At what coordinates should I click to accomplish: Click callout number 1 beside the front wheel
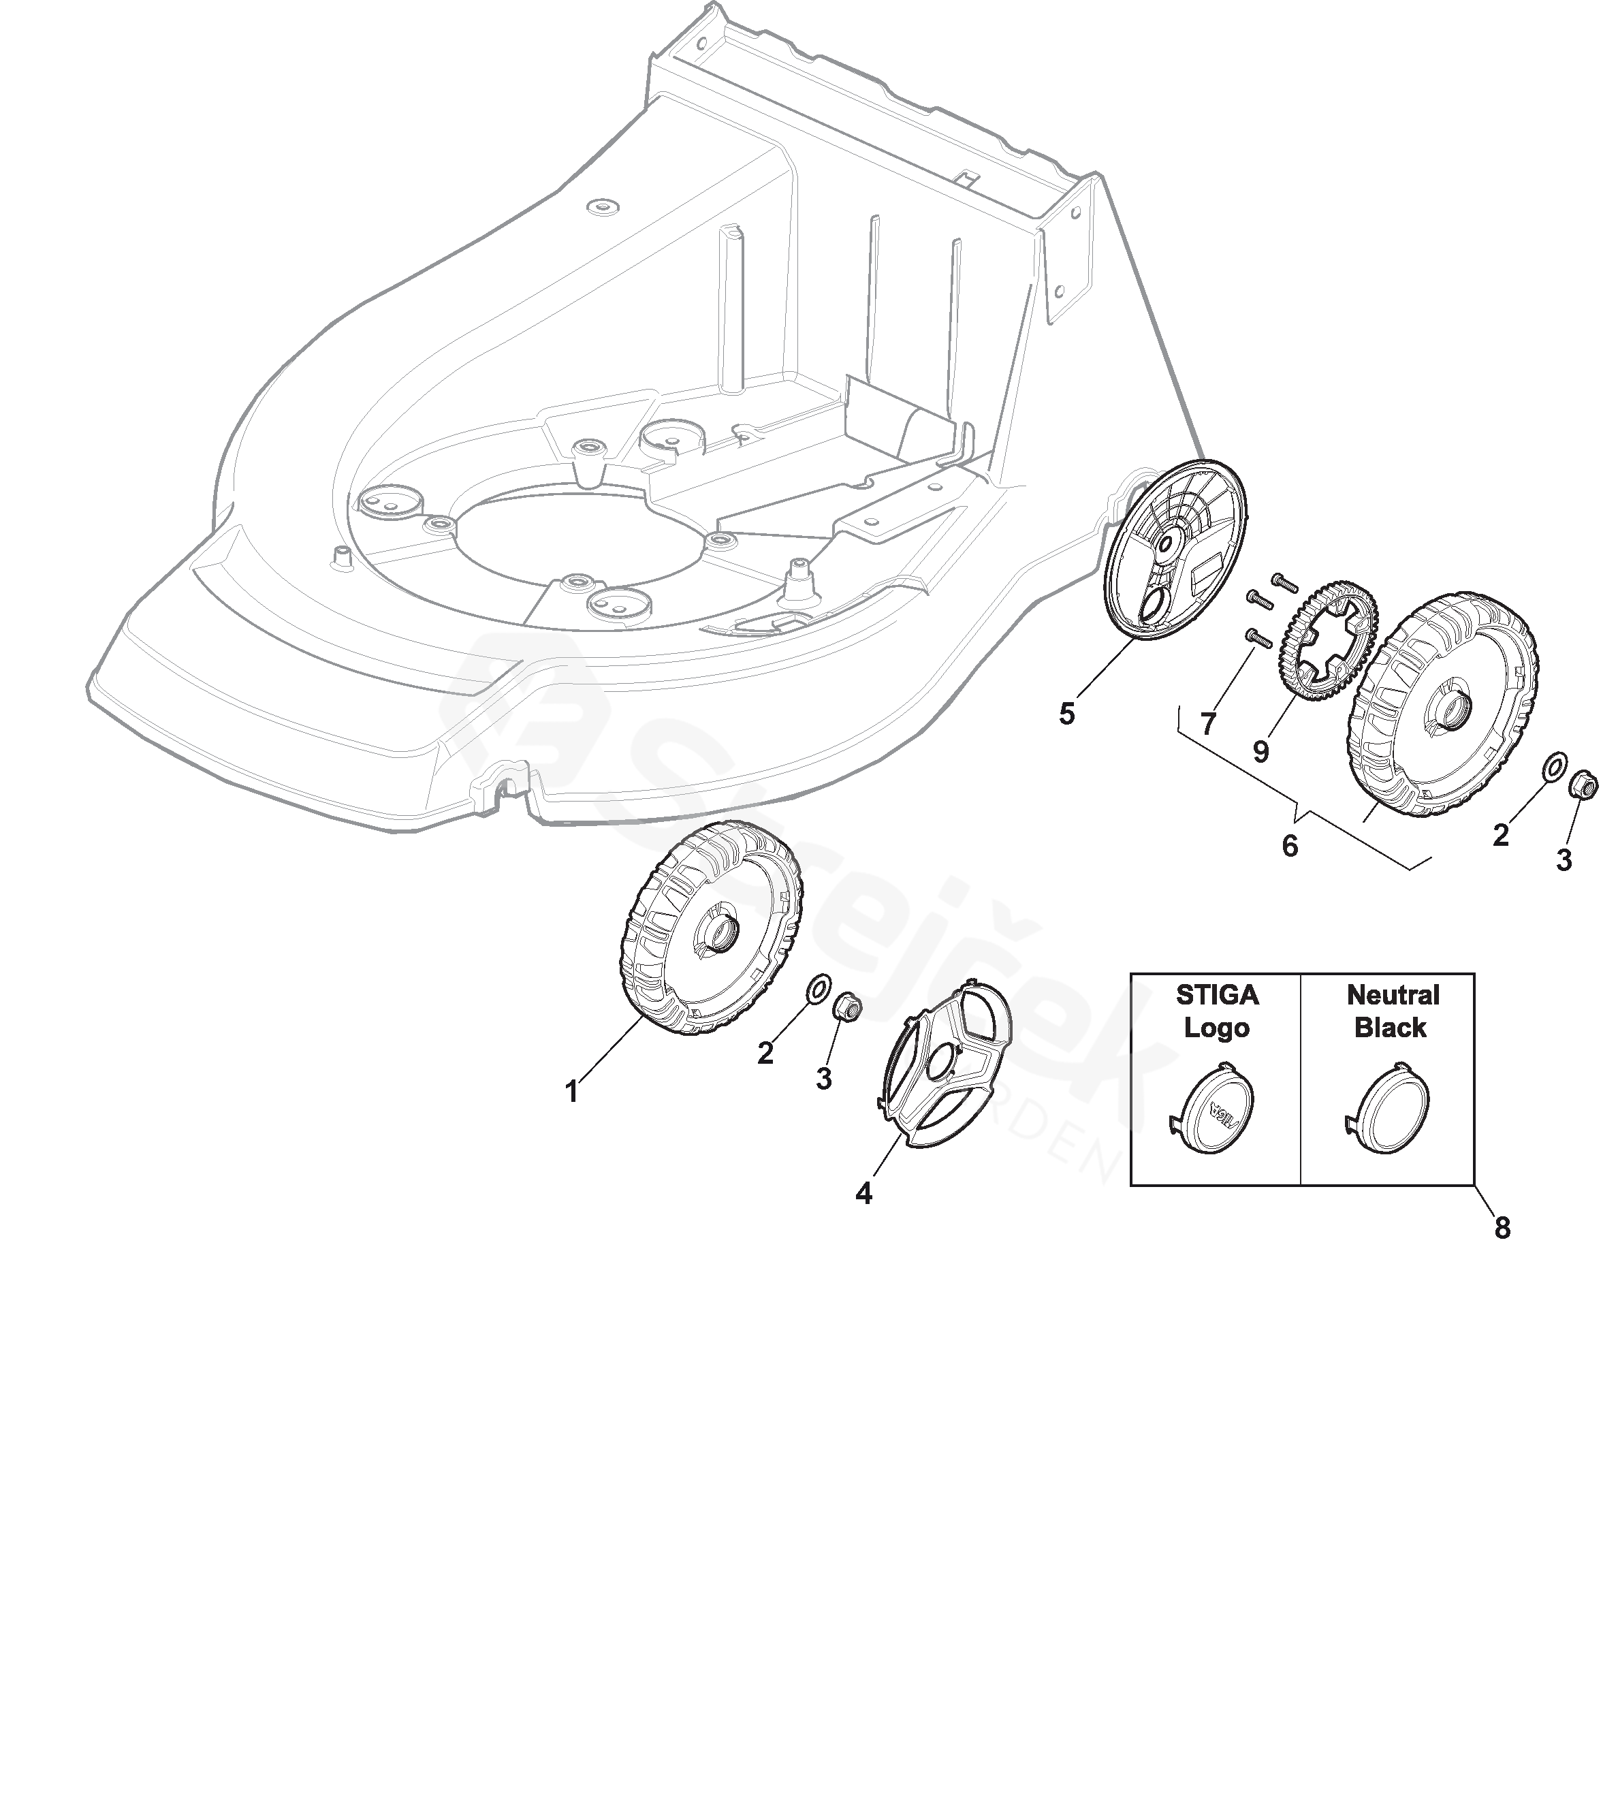(x=572, y=1092)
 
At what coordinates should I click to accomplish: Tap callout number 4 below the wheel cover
(x=863, y=1193)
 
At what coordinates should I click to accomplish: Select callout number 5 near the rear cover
(x=1067, y=714)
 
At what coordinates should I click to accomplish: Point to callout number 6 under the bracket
(x=1290, y=845)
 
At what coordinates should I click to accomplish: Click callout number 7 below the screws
(x=1208, y=723)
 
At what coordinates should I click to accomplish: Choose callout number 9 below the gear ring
(x=1260, y=752)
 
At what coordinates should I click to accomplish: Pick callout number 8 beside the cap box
(x=1502, y=1228)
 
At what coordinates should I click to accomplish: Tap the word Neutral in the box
(x=1393, y=995)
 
